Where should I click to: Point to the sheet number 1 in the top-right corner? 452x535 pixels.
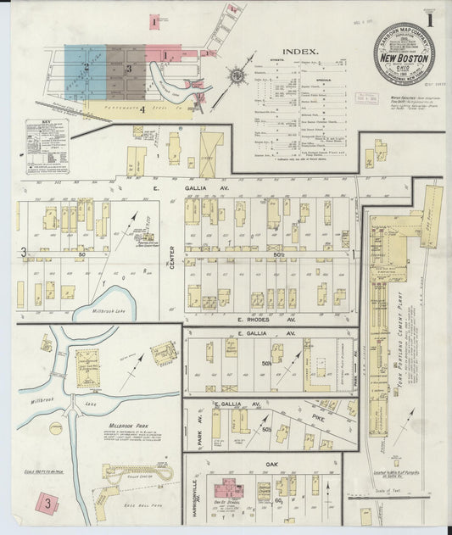(x=432, y=16)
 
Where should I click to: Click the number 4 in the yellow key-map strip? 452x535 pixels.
(x=142, y=109)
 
